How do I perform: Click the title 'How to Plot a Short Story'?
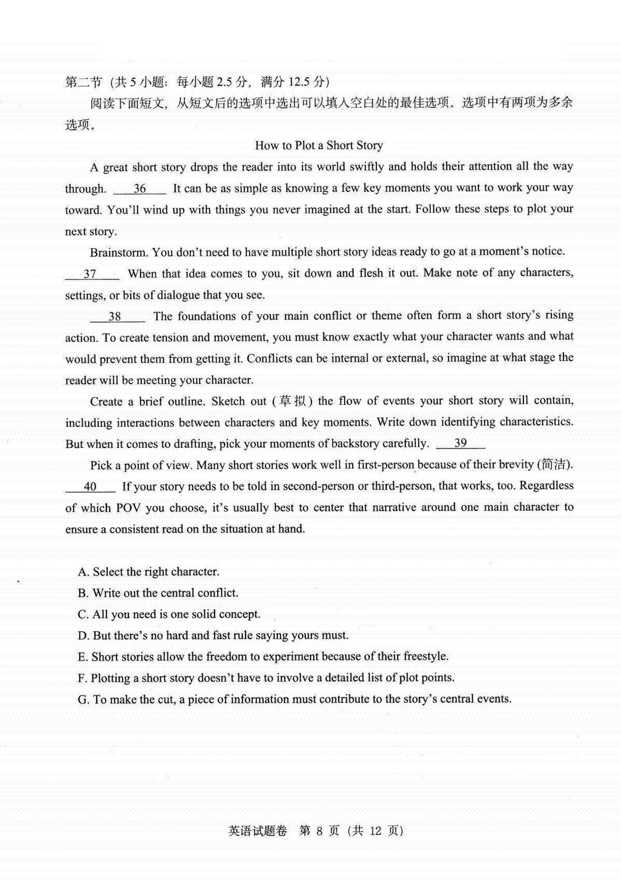(x=319, y=145)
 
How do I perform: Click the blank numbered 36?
(x=139, y=189)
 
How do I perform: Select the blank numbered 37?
(x=91, y=274)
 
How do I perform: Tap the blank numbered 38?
(x=116, y=316)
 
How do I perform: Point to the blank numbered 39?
(x=460, y=443)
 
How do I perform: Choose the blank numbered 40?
(x=90, y=486)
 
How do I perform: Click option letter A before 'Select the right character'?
(x=83, y=572)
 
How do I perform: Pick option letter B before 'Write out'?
(x=83, y=593)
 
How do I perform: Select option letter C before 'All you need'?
(x=83, y=614)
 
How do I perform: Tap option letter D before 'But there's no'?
(x=83, y=636)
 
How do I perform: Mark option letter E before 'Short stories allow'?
(x=82, y=657)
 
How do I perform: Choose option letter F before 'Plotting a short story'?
(x=82, y=678)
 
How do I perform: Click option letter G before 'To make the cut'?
(x=83, y=700)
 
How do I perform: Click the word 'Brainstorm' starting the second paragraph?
(x=119, y=253)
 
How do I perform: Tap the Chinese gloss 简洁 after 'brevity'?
(x=554, y=464)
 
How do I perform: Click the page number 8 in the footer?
(x=319, y=831)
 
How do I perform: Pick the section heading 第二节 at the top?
(x=83, y=82)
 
